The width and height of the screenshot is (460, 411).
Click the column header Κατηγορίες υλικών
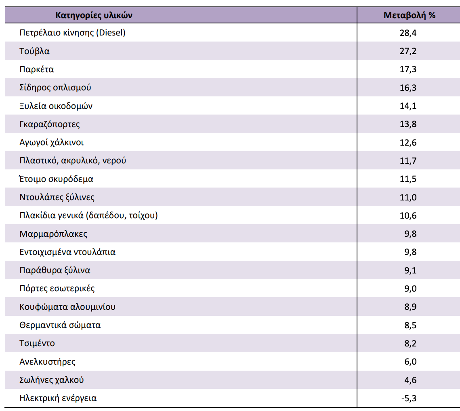coord(94,15)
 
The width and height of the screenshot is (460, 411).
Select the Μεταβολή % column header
coord(409,15)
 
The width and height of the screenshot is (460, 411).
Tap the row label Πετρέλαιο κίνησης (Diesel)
coord(72,33)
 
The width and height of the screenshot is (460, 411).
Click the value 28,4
coord(408,33)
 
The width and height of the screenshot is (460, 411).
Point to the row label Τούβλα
coord(34,51)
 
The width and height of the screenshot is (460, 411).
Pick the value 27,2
coord(408,51)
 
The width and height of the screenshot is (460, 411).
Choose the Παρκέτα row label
coord(37,69)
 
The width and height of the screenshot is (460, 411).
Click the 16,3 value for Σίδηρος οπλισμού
coord(408,88)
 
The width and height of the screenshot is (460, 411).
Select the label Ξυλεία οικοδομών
coord(56,106)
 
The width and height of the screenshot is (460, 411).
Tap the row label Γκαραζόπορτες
coord(50,124)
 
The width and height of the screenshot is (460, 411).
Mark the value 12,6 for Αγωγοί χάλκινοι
coord(408,142)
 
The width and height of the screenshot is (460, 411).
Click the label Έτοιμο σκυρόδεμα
coord(56,179)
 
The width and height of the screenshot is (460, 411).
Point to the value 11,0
coord(408,197)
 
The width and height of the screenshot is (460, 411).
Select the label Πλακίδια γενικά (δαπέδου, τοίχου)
coord(88,215)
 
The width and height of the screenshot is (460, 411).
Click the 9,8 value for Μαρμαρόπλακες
coord(410,234)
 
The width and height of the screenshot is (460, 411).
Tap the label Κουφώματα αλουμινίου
coord(67,307)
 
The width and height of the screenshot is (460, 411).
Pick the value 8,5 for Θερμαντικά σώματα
coord(410,325)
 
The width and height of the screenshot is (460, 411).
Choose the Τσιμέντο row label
coord(37,343)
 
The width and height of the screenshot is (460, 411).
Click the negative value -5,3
coord(409,398)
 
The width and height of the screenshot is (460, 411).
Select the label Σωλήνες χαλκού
coord(52,380)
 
